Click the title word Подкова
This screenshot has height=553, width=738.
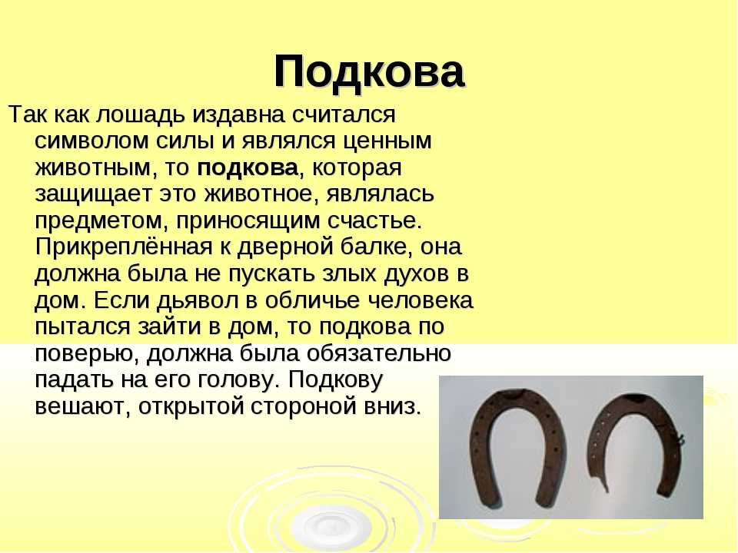point(370,72)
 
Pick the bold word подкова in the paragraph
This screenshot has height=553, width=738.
point(248,168)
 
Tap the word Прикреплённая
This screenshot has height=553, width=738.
point(124,247)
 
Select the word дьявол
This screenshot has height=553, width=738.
point(198,300)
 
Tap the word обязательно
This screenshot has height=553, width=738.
point(379,353)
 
